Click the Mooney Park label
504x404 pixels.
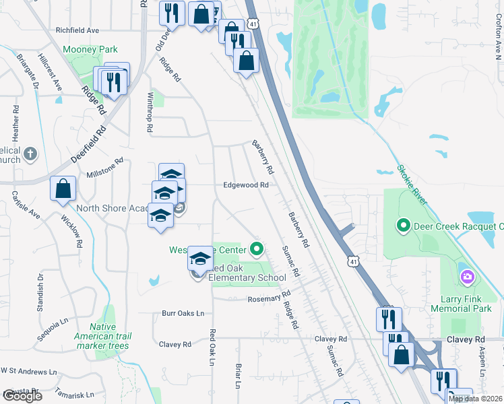[90, 49]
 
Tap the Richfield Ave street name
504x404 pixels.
[77, 30]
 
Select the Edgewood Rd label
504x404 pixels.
[247, 185]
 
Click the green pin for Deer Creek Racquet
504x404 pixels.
[404, 226]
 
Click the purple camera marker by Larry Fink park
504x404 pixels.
[466, 277]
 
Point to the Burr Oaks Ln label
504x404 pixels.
[183, 313]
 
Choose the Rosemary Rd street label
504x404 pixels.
[268, 296]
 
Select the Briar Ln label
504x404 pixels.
[239, 376]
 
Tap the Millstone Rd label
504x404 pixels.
[105, 168]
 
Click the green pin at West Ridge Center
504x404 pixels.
[257, 250]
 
